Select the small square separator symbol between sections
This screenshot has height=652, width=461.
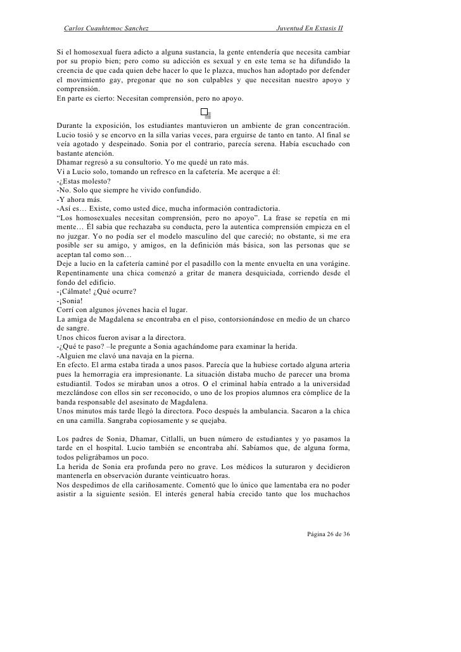click(204, 112)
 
